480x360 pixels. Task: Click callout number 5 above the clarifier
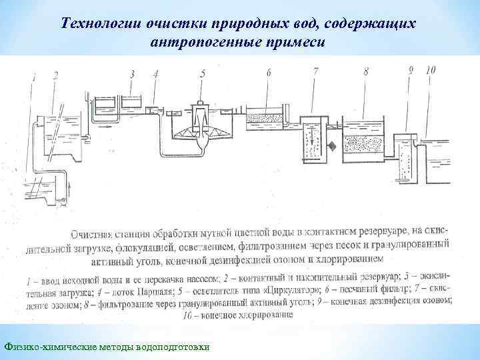[x=202, y=73]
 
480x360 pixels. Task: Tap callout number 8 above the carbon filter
[x=366, y=72]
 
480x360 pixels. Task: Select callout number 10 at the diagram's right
[x=430, y=69]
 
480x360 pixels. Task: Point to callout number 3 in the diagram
[x=133, y=73]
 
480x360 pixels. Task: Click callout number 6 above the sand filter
[x=268, y=72]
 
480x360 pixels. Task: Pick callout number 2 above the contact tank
[x=55, y=75]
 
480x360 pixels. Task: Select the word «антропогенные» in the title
[x=204, y=42]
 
